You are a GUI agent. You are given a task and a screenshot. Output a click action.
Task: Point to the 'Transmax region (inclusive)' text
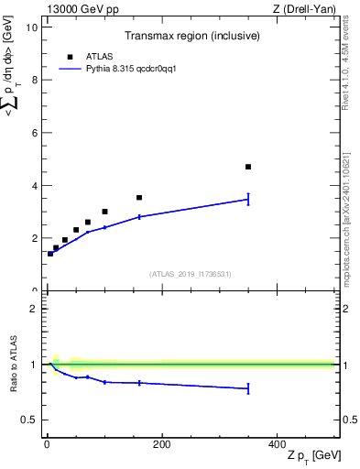click(x=190, y=36)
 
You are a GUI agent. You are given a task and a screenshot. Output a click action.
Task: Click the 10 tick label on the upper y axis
click(x=30, y=27)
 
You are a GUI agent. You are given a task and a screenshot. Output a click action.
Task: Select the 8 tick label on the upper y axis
click(x=33, y=80)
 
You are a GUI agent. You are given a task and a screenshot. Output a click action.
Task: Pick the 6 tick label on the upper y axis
click(x=33, y=133)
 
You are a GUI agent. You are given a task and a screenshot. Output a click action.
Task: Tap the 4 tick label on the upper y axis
click(x=33, y=186)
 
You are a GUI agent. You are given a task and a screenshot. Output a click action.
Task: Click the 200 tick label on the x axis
click(x=161, y=444)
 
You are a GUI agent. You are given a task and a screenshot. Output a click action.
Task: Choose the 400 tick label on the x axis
click(x=277, y=444)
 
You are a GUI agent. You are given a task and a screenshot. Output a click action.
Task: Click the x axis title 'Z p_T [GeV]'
click(x=311, y=456)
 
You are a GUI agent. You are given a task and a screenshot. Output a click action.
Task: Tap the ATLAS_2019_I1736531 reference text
click(x=190, y=274)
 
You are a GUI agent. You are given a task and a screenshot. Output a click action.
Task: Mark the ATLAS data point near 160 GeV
click(x=139, y=197)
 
